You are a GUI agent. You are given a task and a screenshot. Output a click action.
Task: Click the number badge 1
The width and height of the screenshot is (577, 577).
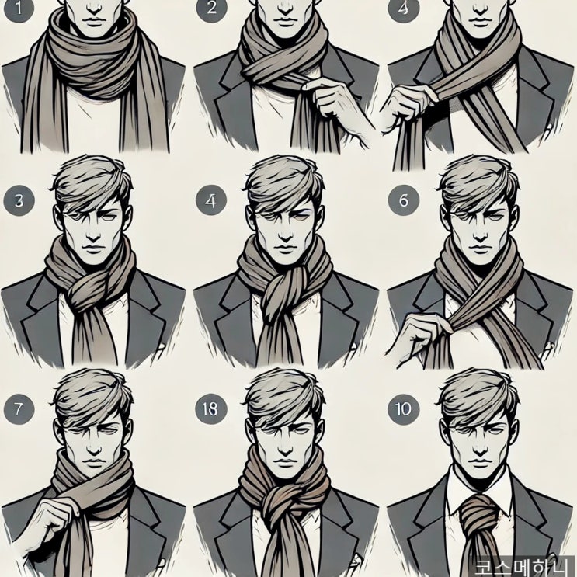click(19, 8)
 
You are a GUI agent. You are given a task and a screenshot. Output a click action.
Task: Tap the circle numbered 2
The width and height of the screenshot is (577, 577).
click(211, 8)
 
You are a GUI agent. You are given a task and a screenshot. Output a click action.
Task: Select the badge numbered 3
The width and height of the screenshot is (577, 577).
click(19, 201)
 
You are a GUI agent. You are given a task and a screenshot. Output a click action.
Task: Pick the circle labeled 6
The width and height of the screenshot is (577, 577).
click(404, 200)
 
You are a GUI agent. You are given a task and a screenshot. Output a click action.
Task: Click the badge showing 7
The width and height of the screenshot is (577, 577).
click(19, 409)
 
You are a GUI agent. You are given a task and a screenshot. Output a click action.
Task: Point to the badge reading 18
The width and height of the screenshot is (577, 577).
click(211, 409)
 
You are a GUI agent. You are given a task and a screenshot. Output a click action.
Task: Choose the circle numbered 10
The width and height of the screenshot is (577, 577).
click(404, 409)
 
